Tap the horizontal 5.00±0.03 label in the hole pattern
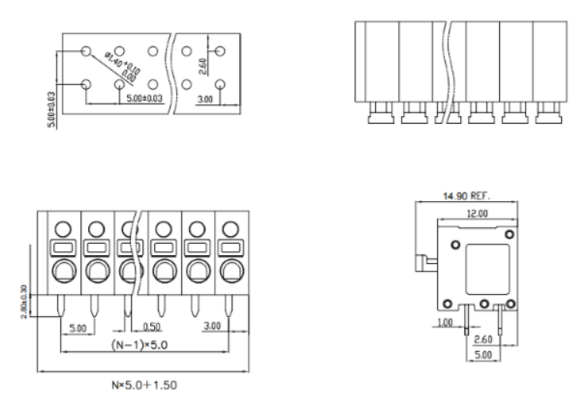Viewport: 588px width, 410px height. click(x=143, y=99)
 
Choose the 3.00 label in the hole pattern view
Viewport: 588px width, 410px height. click(x=206, y=99)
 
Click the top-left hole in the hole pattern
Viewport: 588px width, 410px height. click(x=87, y=50)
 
